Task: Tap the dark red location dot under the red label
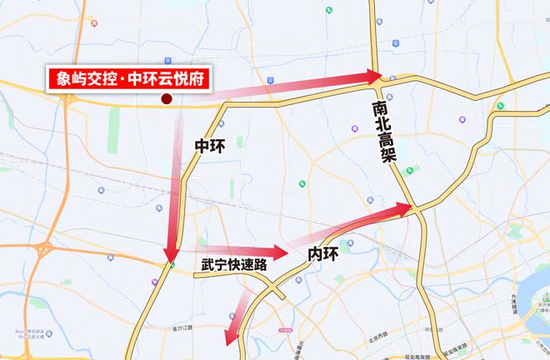[x=166, y=99]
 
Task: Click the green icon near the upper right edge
[x=501, y=106]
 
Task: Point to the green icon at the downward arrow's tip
[x=172, y=266]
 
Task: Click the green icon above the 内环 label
[x=302, y=184]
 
